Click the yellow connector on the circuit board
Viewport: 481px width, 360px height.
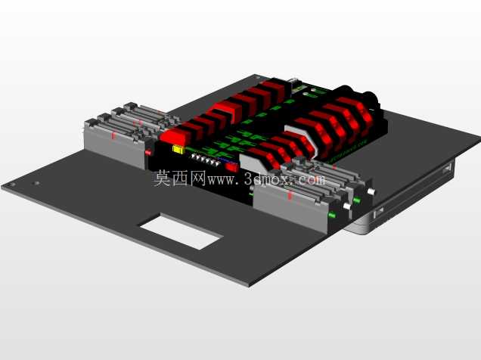tap(178, 150)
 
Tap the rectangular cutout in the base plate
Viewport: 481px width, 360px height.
tap(180, 231)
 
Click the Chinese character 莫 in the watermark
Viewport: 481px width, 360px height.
tap(162, 178)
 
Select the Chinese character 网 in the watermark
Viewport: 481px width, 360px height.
tap(197, 178)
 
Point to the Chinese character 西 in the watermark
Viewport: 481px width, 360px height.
tap(180, 178)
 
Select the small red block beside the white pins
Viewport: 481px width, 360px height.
tap(232, 167)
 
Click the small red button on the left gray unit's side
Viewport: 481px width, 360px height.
tap(148, 152)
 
